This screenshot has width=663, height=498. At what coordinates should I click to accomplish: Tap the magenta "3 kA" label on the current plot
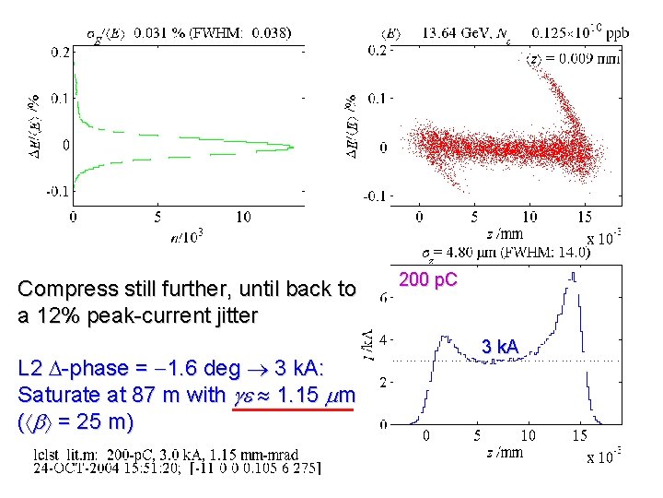click(x=500, y=347)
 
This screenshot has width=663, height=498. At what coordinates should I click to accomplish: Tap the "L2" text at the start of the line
click(x=31, y=369)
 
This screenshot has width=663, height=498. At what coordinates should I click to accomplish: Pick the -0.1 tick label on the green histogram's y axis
click(x=58, y=191)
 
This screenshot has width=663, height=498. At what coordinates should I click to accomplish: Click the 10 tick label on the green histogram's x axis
click(x=242, y=217)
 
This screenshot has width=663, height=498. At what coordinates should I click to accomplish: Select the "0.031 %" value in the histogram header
click(x=158, y=34)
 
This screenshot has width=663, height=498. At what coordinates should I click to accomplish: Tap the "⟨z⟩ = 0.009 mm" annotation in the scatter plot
click(x=574, y=60)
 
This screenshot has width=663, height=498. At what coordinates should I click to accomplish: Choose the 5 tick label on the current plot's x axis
click(x=477, y=435)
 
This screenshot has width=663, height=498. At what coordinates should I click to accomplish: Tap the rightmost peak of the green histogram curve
click(x=291, y=147)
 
